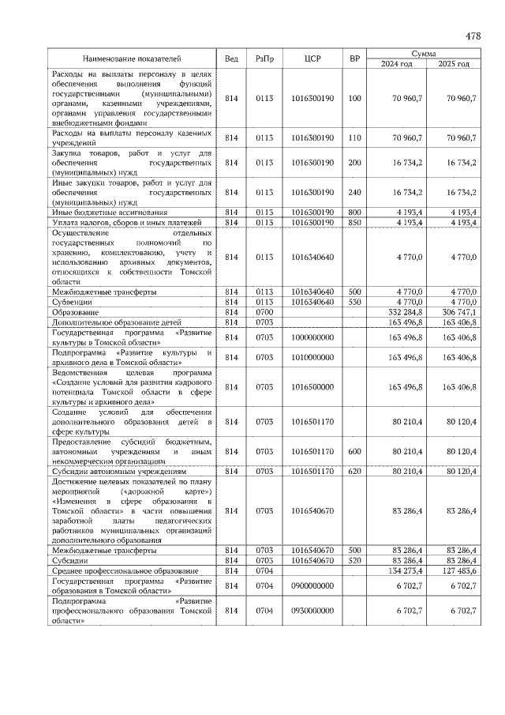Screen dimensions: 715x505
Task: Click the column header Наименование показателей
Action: [133, 58]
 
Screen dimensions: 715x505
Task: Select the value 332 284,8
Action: [406, 312]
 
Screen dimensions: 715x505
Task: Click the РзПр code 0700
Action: [264, 312]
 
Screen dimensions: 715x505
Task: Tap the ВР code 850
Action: [354, 222]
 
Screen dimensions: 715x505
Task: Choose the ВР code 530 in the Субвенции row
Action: [354, 302]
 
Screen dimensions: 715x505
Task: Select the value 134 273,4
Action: [406, 570]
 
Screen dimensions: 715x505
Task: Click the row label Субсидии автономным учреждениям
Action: [118, 471]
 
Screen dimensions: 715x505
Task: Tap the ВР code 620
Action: [354, 471]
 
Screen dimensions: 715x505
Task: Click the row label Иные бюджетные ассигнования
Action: [98, 212]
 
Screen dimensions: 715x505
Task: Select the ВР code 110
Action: [354, 137]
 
